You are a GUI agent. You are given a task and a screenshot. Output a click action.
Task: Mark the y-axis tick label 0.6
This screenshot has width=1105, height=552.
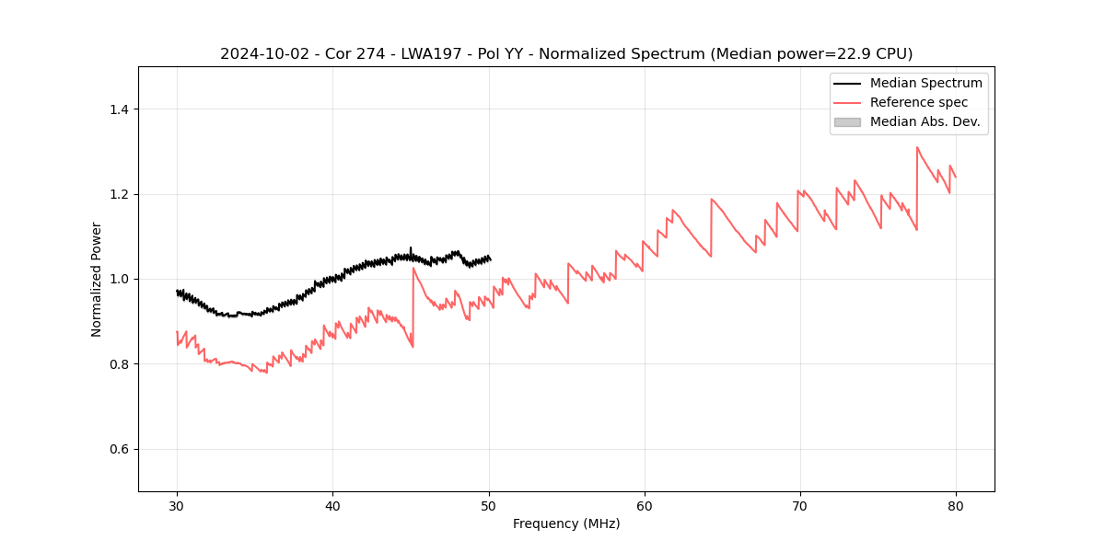coord(119,449)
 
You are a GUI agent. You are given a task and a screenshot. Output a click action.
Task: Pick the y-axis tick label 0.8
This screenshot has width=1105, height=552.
coord(119,364)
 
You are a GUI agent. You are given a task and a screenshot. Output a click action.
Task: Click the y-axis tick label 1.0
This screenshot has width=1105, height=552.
coord(119,279)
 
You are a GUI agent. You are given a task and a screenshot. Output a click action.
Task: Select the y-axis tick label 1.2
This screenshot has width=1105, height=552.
coord(119,194)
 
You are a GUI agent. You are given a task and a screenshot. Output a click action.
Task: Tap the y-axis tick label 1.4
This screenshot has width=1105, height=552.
coord(119,109)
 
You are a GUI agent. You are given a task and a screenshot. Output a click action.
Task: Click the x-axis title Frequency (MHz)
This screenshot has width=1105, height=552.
coord(566,523)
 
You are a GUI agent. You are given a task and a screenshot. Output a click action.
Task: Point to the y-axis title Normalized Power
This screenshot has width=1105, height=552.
coord(97,279)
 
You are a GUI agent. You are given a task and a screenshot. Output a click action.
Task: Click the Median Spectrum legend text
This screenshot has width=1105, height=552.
coord(925,83)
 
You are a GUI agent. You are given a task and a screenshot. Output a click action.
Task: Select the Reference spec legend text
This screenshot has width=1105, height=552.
coord(919,102)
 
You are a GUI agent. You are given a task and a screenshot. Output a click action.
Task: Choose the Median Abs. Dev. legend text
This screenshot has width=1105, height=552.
coord(925,121)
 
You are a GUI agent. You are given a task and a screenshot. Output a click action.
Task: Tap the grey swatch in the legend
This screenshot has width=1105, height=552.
coord(847,121)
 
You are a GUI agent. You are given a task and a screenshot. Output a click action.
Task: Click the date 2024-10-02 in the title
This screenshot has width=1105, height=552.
coord(262,54)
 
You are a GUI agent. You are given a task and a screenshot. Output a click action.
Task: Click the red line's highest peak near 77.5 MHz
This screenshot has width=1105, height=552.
coord(917,147)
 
